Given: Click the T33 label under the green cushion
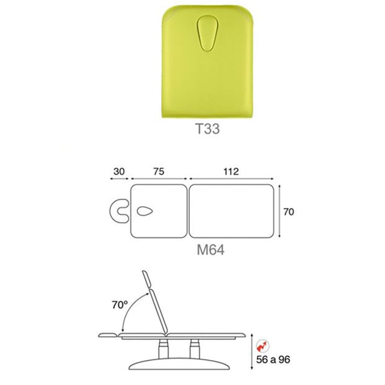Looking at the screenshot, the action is [207, 129].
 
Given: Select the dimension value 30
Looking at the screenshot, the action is [119, 171].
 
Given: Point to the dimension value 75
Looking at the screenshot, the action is [159, 171].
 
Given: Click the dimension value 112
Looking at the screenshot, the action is [231, 171].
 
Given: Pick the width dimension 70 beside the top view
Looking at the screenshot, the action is [289, 212].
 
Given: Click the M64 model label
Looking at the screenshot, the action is [210, 250].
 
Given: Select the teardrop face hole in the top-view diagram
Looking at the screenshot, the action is [145, 211].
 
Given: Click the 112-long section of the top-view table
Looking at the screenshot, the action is [232, 211].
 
